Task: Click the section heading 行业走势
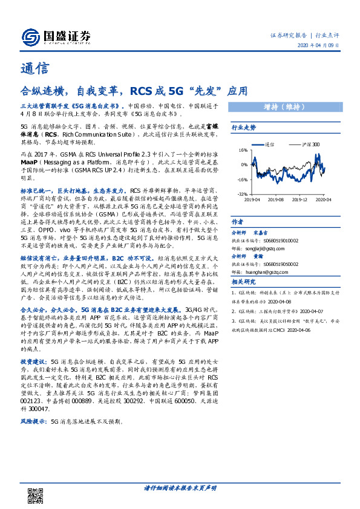click(x=244, y=128)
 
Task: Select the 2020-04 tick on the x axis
click(x=324, y=199)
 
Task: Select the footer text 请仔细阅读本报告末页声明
click(x=180, y=487)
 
